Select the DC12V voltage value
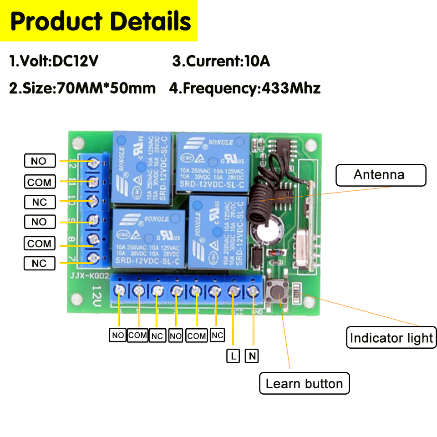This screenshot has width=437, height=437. (x=75, y=61)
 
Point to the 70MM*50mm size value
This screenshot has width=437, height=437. (x=107, y=88)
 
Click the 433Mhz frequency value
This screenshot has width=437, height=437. (x=289, y=88)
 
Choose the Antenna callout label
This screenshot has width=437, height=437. (x=381, y=175)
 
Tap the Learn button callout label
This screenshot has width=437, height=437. (x=304, y=383)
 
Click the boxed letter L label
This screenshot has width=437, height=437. (x=233, y=356)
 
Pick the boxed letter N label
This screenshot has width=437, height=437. (x=252, y=356)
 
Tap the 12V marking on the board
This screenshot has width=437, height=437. (x=97, y=295)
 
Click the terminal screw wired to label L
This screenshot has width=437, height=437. (x=233, y=290)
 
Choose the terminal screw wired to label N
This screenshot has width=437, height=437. (x=253, y=290)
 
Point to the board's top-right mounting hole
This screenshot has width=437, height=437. (x=311, y=145)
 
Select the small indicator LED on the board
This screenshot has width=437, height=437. (x=297, y=290)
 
